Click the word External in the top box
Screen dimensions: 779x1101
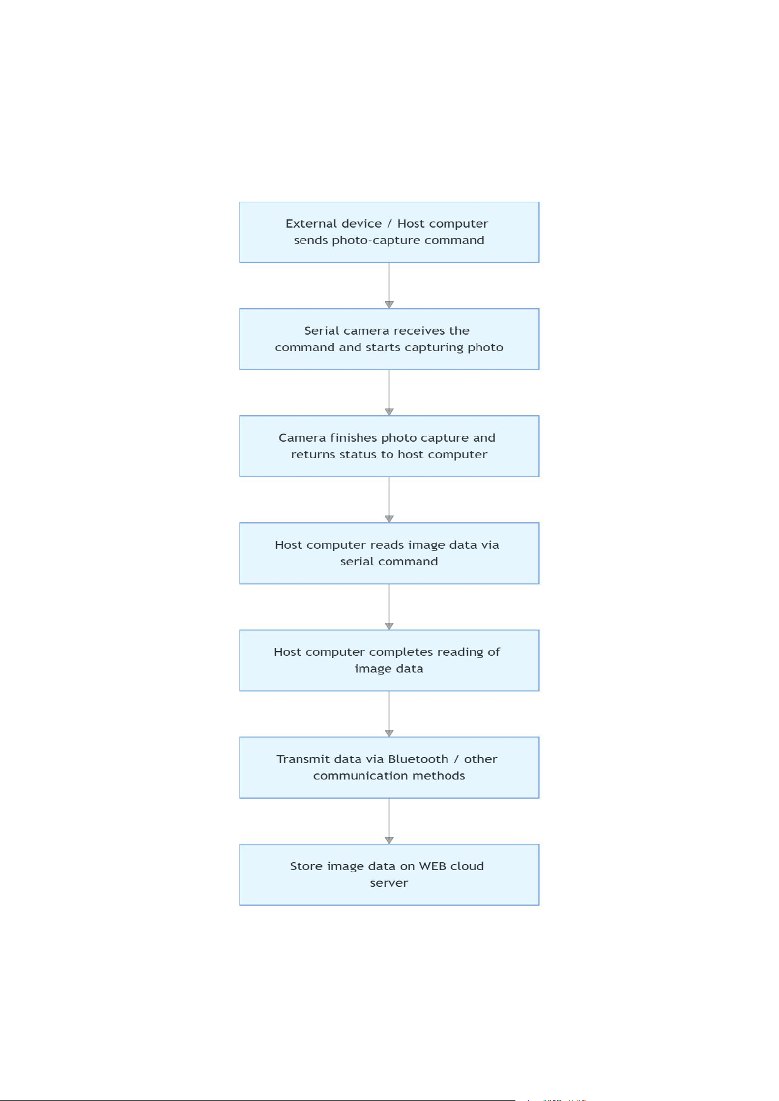click(x=334, y=223)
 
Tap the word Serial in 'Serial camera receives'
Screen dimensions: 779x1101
click(x=322, y=331)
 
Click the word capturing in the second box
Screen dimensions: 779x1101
click(x=434, y=348)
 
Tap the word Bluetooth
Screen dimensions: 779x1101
click(x=418, y=759)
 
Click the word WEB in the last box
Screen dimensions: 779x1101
click(x=432, y=866)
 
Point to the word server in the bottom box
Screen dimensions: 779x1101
click(x=389, y=883)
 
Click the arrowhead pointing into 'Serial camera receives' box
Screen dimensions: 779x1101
click(x=389, y=305)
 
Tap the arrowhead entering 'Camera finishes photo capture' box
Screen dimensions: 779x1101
click(x=389, y=412)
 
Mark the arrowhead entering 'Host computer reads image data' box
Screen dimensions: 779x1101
click(x=389, y=519)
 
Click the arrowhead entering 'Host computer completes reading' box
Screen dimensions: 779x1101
click(x=389, y=626)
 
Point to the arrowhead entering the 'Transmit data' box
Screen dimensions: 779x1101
click(x=389, y=733)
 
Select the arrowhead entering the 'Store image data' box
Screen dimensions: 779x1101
click(x=389, y=840)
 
